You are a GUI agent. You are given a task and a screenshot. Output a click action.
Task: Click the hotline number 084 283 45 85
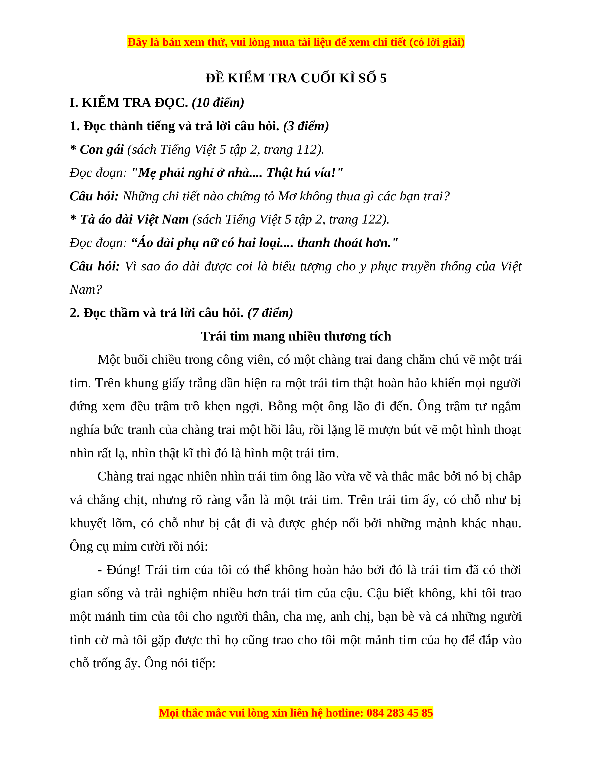400,713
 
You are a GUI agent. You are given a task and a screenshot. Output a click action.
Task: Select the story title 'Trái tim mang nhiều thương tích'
296,336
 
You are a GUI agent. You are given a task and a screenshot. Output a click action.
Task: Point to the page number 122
372,220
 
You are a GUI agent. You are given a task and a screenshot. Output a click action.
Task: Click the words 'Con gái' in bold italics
102,150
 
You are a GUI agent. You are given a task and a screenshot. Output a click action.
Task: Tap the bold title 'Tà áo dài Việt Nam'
134,220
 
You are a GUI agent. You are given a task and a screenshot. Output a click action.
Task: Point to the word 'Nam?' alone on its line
86,290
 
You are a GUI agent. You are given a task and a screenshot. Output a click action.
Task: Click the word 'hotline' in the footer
344,713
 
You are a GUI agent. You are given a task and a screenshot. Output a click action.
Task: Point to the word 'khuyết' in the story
88,523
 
